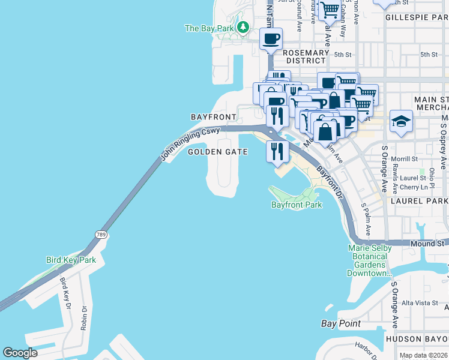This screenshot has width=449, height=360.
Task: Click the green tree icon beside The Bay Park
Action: click(x=243, y=27)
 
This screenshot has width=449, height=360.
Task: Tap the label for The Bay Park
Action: click(x=209, y=28)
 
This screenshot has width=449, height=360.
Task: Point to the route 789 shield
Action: click(x=101, y=234)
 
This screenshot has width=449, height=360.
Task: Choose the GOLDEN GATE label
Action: click(x=218, y=152)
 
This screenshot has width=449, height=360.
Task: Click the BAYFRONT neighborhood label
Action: click(x=211, y=116)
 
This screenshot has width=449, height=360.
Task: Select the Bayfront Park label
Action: click(x=297, y=205)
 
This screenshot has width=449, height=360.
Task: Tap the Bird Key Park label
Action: click(x=71, y=260)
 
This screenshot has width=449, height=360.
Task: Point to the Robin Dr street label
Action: click(x=84, y=317)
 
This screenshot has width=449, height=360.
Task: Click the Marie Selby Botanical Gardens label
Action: click(x=370, y=260)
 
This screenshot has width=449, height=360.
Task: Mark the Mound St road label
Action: click(x=427, y=244)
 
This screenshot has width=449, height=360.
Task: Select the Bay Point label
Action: click(x=341, y=323)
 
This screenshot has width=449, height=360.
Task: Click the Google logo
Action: click(x=20, y=352)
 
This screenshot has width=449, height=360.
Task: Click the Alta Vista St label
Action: click(x=420, y=303)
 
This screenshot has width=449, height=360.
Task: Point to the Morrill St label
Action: click(x=405, y=159)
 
